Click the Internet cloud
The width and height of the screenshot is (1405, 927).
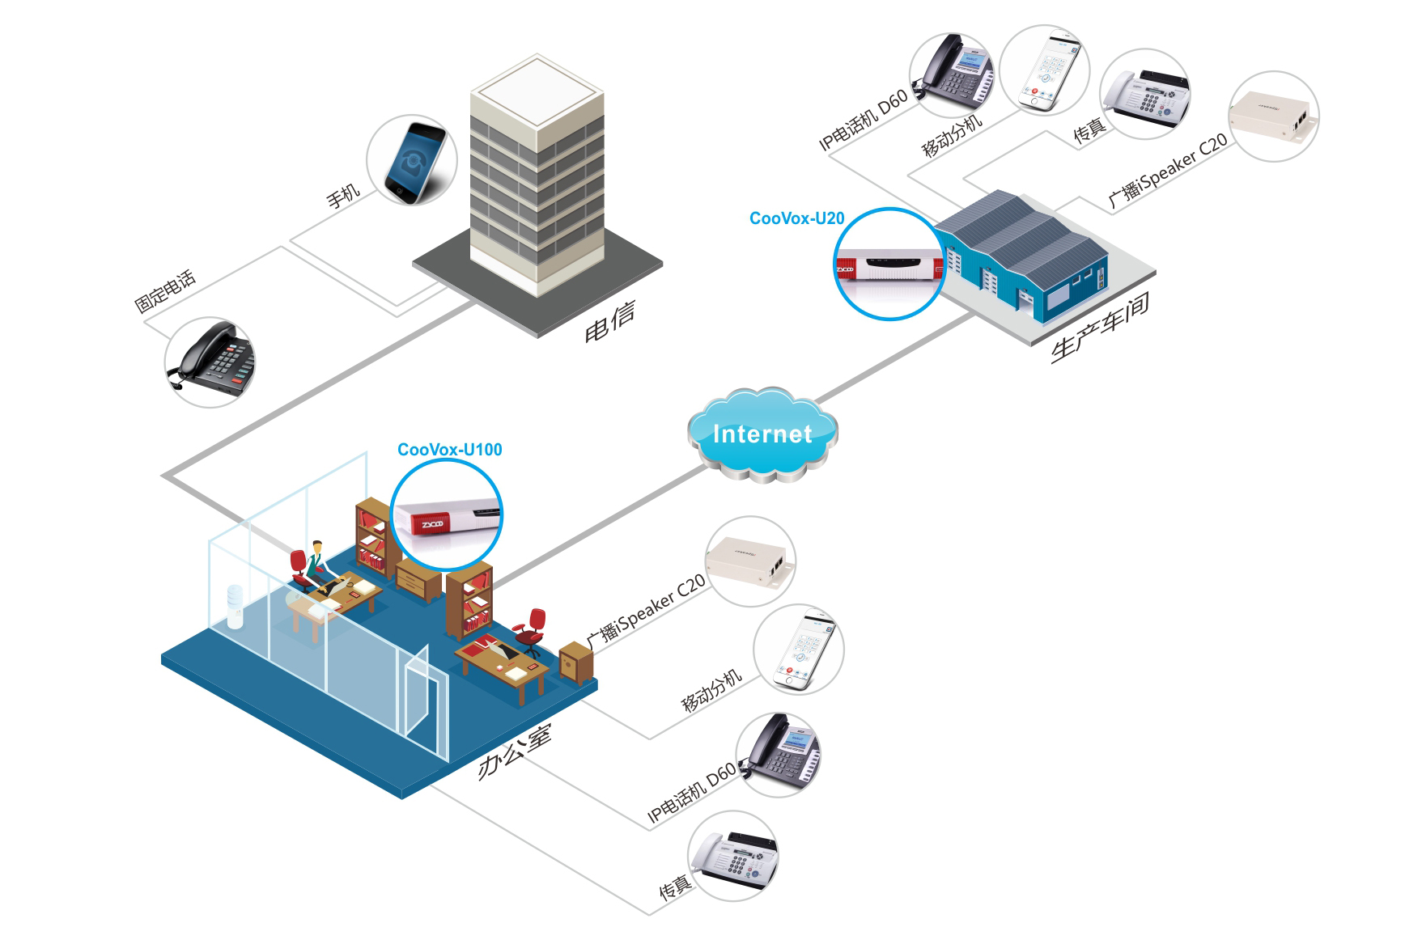coord(762,434)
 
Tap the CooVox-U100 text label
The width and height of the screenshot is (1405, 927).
coord(449,450)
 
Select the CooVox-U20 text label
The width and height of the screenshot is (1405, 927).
coord(796,218)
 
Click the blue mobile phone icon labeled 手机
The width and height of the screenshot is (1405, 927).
coord(414,161)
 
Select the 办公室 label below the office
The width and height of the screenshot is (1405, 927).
coord(515,751)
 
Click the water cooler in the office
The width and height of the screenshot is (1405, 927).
coord(235,606)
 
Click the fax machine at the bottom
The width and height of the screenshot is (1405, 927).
coord(736,857)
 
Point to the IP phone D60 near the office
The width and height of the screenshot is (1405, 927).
coord(779,755)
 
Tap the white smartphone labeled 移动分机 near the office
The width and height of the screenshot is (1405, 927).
coord(802,650)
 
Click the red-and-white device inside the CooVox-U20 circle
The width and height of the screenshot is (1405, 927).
coord(889,265)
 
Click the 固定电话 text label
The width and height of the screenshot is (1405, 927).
coord(165,290)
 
